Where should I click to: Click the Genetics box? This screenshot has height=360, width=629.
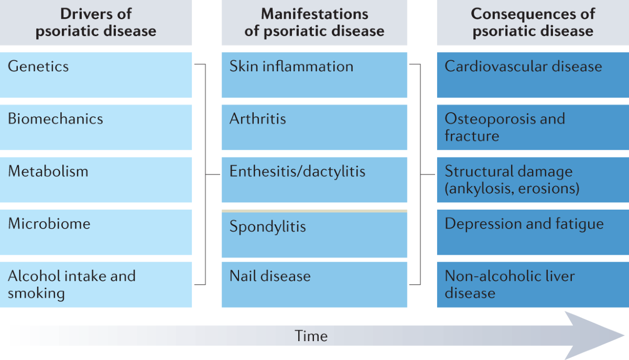pos(96,75)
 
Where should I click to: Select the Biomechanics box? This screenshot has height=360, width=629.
pos(96,127)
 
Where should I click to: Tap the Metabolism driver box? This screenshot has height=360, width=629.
pos(96,180)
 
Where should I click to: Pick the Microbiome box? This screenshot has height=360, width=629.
pos(96,232)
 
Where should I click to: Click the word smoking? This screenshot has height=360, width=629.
pos(36,293)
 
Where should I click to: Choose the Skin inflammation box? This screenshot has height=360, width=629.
pos(314,75)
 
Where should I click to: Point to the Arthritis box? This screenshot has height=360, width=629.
pos(314,127)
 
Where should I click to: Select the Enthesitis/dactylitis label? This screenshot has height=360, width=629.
pos(297,171)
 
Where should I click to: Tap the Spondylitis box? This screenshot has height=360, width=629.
pos(314,234)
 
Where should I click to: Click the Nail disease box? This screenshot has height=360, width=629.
pos(314,285)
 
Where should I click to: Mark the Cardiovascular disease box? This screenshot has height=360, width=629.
pos(533,75)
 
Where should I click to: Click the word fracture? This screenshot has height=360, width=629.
pos(472,136)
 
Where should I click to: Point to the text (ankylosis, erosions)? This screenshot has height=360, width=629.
pos(512,189)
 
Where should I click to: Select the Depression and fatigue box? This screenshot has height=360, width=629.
pos(533,232)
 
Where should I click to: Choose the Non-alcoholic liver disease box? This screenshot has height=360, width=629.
pos(533,285)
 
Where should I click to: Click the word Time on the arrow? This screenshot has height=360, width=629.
pos(311,336)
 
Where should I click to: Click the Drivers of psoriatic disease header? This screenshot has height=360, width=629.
pos(96,23)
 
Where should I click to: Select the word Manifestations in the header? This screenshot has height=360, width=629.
pos(314,14)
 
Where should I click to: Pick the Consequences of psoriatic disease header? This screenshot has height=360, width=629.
pos(533,23)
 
